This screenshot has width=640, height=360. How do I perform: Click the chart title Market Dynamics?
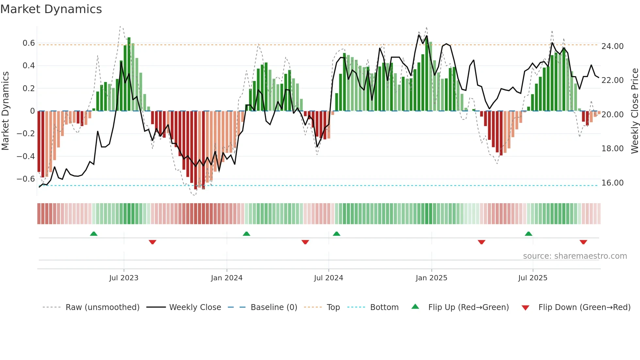(51, 9)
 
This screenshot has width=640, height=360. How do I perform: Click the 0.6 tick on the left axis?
(28, 43)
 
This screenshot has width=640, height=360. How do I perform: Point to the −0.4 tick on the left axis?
(26, 156)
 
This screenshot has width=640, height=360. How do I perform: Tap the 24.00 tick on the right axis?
(612, 46)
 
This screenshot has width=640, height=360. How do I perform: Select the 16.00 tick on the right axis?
(612, 183)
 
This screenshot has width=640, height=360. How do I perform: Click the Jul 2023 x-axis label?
(124, 278)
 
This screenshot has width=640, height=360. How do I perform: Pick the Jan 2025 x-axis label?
(431, 278)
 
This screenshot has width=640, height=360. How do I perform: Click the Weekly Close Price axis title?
(634, 111)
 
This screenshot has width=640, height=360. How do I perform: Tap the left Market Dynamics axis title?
(5, 111)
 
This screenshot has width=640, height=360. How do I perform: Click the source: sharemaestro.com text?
(575, 256)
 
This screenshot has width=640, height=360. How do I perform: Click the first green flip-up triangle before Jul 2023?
(94, 234)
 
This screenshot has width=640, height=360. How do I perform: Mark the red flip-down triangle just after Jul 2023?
(152, 242)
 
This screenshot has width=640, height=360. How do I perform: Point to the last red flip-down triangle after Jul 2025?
(584, 242)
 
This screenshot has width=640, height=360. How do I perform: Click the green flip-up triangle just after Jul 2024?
(337, 234)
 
